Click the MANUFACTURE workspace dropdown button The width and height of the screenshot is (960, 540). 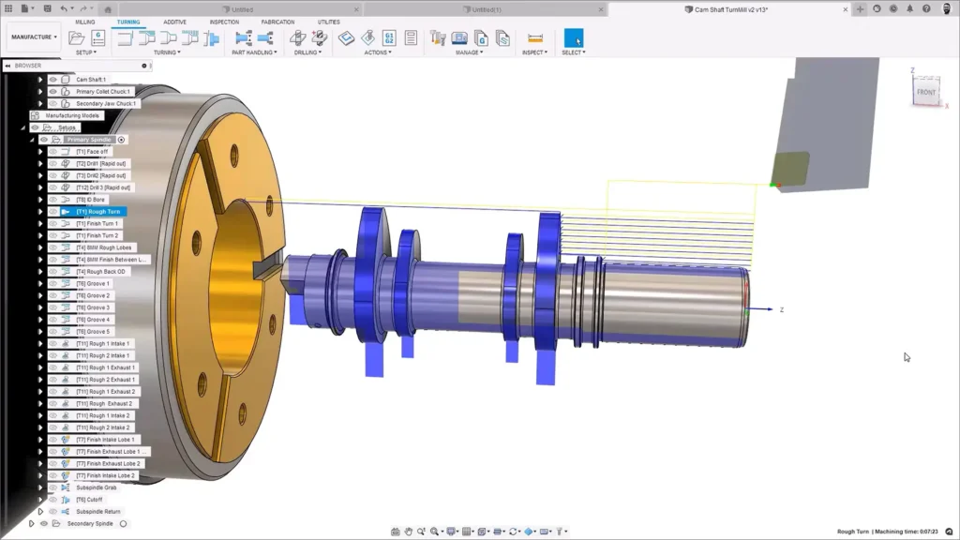pos(35,37)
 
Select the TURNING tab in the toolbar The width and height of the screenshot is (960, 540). pos(128,22)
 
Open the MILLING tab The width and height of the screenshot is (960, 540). pos(84,22)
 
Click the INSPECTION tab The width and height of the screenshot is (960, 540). pos(224,22)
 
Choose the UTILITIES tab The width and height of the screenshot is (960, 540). pos(328,22)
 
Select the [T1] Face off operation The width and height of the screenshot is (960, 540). pos(92,152)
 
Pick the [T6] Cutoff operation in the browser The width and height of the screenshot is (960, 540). pos(90,500)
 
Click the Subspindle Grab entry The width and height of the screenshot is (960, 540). pos(97,487)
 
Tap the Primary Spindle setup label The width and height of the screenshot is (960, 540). pos(88,140)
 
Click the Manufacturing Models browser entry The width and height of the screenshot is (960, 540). pos(72,115)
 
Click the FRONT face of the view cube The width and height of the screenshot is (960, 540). pos(926,92)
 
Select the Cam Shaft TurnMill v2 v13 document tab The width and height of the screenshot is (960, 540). pos(727,8)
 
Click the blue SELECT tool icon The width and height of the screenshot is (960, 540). pos(573,38)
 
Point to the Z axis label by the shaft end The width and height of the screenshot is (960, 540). pos(781,309)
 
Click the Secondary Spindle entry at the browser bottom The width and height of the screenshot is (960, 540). pos(92,524)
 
